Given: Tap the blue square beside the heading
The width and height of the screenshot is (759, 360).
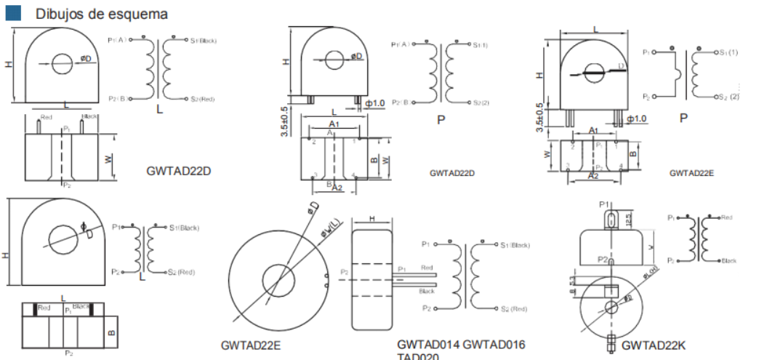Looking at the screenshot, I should pos(19,13).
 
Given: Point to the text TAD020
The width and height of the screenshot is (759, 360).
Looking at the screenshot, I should pos(418,356).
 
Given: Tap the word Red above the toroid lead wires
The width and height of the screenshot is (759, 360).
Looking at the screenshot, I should pos(427,268).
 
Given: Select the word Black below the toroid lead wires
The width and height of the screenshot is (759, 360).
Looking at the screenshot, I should pos(428,290).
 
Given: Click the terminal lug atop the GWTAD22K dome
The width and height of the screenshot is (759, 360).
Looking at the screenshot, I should pos(611,218).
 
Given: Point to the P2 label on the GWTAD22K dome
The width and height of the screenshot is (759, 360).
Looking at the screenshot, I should pos(603,259).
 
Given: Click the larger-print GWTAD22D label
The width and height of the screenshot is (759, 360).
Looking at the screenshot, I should pos(178,172).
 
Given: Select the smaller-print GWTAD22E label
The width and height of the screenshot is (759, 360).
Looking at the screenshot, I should pos(691,173).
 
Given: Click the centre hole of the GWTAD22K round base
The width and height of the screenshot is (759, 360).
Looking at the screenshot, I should pos(611,307).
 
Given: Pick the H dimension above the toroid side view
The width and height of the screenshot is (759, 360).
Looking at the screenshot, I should pos(372,218).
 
